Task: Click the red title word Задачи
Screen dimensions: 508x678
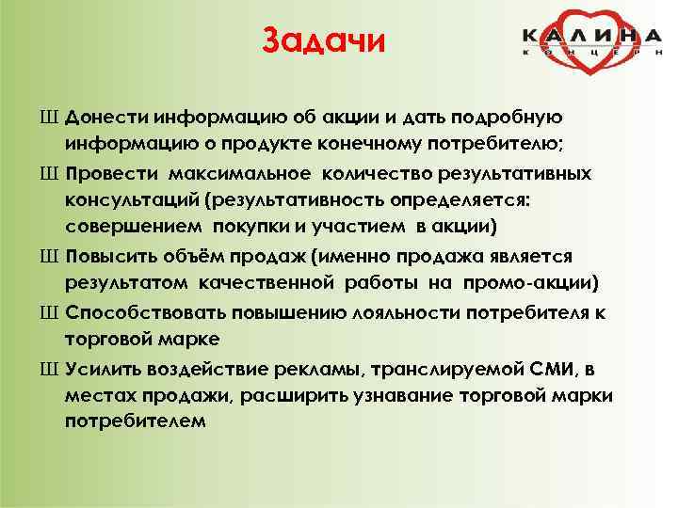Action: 323,42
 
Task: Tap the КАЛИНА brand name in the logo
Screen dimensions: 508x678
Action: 592,36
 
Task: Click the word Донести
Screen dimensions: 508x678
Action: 105,119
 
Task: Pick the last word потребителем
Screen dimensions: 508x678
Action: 135,420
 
